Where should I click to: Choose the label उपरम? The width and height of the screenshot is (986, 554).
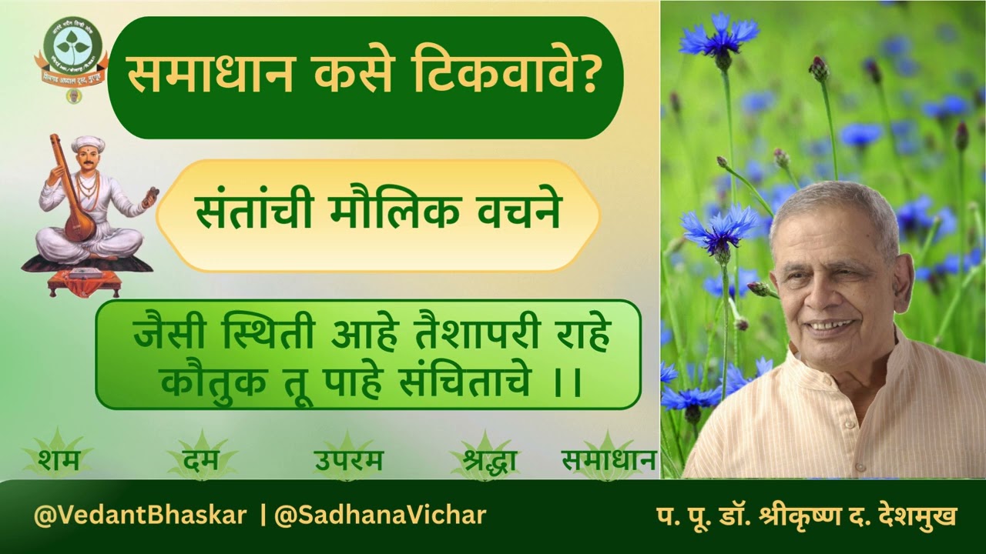[348, 462]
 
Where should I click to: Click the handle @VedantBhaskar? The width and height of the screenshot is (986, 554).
[140, 515]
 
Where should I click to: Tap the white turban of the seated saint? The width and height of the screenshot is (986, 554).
[88, 142]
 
